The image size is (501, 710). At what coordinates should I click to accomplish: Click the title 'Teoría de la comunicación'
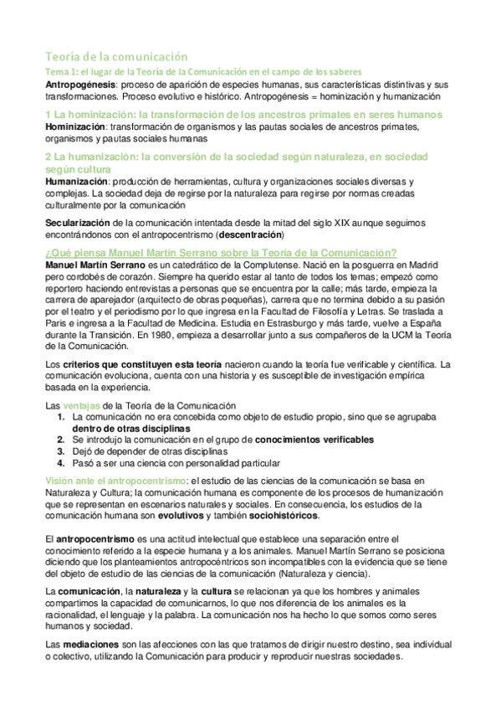[x=116, y=56]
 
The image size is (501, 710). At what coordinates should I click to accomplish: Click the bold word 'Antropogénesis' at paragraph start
[x=79, y=85]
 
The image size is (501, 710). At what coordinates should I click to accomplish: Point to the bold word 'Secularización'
[x=77, y=222]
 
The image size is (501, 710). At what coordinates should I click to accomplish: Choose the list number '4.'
[x=61, y=462]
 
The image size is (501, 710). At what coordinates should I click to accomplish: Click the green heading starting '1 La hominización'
[x=232, y=114]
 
